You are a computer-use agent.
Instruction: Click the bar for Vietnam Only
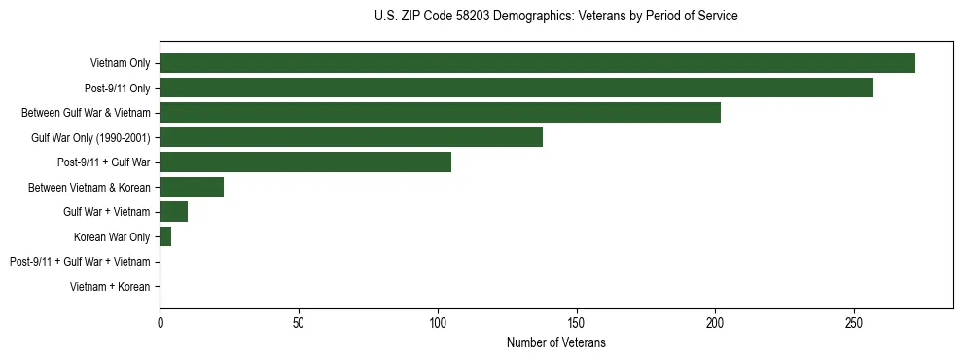point(537,63)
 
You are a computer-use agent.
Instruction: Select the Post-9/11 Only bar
point(516,88)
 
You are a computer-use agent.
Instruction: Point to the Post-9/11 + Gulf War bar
point(305,162)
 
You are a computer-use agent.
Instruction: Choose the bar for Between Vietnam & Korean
point(192,187)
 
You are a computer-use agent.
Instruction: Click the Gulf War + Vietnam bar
point(173,212)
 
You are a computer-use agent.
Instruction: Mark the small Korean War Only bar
point(165,236)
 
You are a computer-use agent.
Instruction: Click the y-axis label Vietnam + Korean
point(110,287)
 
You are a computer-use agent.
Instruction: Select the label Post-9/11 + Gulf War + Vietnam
point(80,262)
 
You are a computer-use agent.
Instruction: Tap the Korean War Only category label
point(112,237)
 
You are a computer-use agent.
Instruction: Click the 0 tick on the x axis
point(160,322)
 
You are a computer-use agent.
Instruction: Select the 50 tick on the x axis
point(299,322)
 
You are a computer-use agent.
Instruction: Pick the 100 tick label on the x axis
point(438,322)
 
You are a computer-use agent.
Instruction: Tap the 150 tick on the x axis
point(576,322)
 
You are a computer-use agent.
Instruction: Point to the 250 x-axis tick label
point(854,322)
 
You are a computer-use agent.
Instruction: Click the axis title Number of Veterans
point(555,342)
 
